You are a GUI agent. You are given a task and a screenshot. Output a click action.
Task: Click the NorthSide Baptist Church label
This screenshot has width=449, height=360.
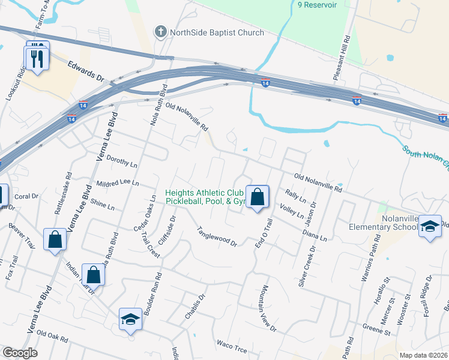click(217, 32)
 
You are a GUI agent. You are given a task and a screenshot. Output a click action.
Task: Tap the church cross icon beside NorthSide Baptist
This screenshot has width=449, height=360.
click(160, 32)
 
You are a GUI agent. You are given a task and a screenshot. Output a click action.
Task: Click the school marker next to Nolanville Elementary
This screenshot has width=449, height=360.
click(430, 226)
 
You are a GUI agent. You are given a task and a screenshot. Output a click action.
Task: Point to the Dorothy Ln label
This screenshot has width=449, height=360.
click(121, 161)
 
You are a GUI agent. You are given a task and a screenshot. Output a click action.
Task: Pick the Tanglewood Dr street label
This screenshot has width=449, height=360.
click(218, 236)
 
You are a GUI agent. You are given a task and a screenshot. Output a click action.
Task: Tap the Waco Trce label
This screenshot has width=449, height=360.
click(232, 346)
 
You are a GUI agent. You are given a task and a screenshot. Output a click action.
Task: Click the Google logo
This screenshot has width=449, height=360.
click(20, 353)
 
